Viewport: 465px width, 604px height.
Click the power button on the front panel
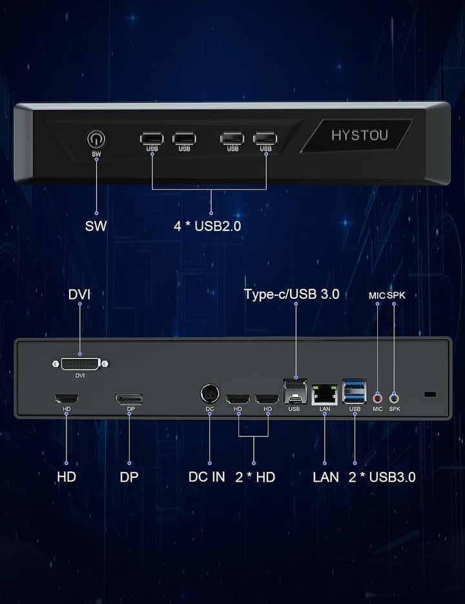pyautogui.click(x=96, y=139)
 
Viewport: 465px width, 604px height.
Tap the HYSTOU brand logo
pyautogui.click(x=360, y=135)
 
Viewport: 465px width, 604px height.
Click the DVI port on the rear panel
pyautogui.click(x=80, y=363)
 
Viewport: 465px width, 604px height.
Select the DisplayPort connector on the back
pyautogui.click(x=129, y=399)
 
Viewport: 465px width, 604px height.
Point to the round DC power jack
pyautogui.click(x=210, y=394)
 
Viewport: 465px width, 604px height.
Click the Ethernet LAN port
pyautogui.click(x=325, y=394)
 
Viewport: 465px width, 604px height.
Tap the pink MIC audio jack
pyautogui.click(x=378, y=398)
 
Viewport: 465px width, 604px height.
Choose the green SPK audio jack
pyautogui.click(x=394, y=398)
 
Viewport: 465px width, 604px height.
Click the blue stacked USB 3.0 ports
pyautogui.click(x=354, y=391)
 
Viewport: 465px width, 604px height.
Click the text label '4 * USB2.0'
pyautogui.click(x=207, y=226)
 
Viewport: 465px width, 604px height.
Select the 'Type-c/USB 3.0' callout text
pyautogui.click(x=292, y=294)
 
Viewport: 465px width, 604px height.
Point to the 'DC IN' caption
pyautogui.click(x=207, y=477)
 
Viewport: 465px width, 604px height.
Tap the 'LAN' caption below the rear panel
pyautogui.click(x=325, y=477)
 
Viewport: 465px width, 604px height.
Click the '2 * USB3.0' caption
pyautogui.click(x=382, y=477)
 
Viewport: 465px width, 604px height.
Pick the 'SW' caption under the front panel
pyautogui.click(x=96, y=226)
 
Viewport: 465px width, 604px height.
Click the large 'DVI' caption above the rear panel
pyautogui.click(x=79, y=294)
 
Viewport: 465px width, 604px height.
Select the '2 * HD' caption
pyautogui.click(x=255, y=477)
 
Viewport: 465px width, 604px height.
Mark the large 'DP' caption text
pyautogui.click(x=129, y=477)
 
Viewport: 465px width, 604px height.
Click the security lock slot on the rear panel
pyautogui.click(x=430, y=394)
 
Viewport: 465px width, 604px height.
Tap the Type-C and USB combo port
pyautogui.click(x=295, y=391)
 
